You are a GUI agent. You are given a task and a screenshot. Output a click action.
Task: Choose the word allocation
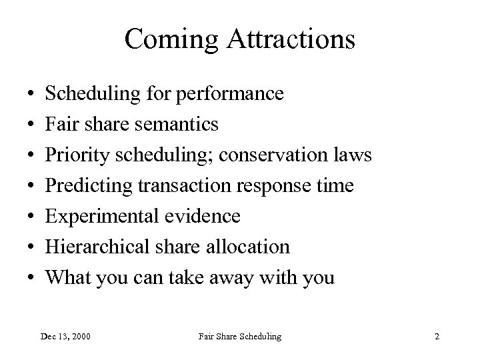pos(250,247)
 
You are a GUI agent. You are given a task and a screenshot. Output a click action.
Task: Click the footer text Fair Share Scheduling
pos(239,337)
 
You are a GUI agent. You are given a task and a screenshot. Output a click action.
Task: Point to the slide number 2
pos(437,337)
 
